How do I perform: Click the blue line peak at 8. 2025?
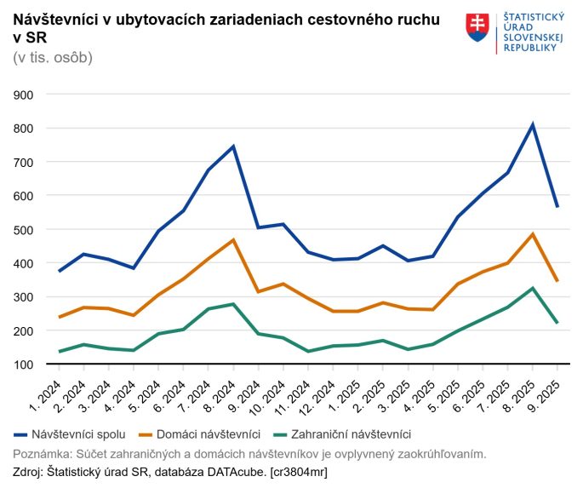pos(532,125)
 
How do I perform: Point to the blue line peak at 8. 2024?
pos(233,146)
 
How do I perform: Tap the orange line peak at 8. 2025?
pos(532,234)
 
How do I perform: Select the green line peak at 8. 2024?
pos(233,304)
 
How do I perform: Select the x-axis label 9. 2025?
pos(550,393)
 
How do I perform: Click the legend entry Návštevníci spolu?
pos(77,434)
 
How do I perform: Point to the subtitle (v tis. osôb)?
pos(53,57)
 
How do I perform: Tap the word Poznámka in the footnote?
pos(43,453)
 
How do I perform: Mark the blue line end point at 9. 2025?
pos(557,206)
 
